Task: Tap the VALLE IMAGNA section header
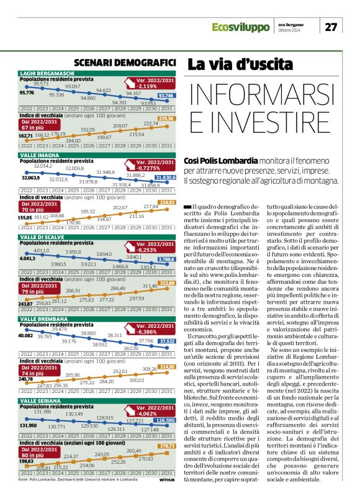pos(37,155)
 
